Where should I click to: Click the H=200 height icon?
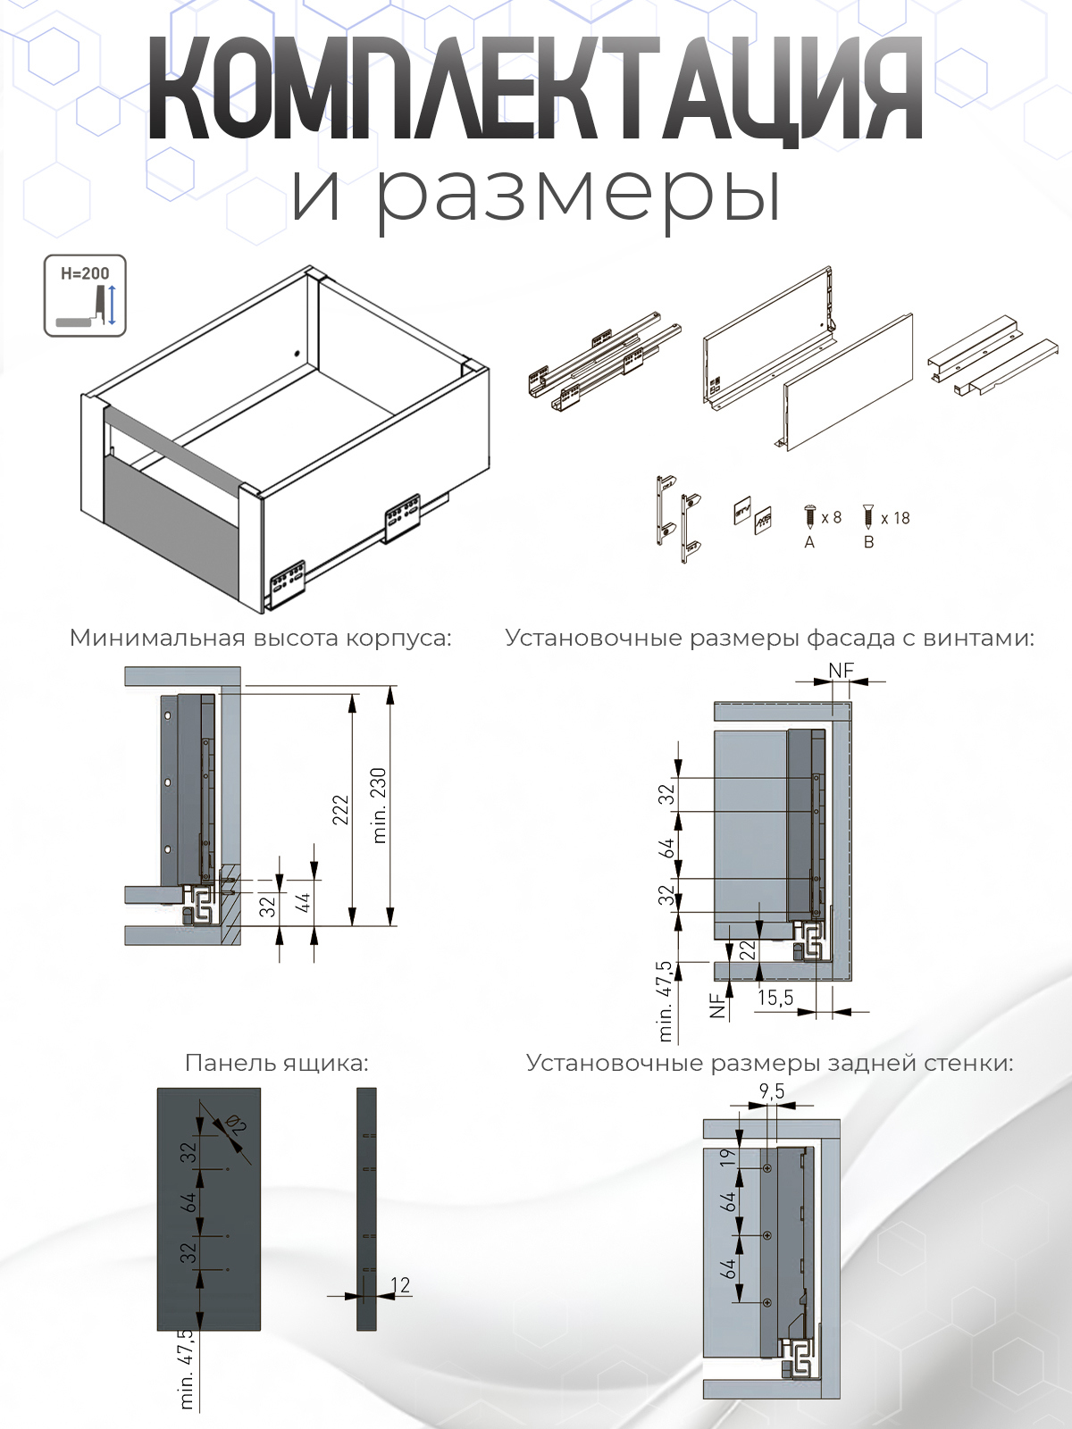85,296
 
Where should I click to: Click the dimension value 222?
340,808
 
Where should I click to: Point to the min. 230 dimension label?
379,805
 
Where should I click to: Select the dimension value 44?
304,903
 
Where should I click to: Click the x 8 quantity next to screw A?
831,518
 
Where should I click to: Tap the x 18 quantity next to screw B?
895,518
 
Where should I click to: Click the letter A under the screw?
809,542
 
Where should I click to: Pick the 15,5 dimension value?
775,998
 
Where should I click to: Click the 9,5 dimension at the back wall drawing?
772,1091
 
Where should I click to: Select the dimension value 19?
729,1157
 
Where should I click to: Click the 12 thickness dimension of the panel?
400,1284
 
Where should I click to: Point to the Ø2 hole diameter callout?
237,1125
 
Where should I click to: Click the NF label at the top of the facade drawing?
841,670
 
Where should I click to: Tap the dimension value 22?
749,949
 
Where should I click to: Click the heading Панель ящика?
276,1063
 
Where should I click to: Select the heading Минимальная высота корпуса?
261,638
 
